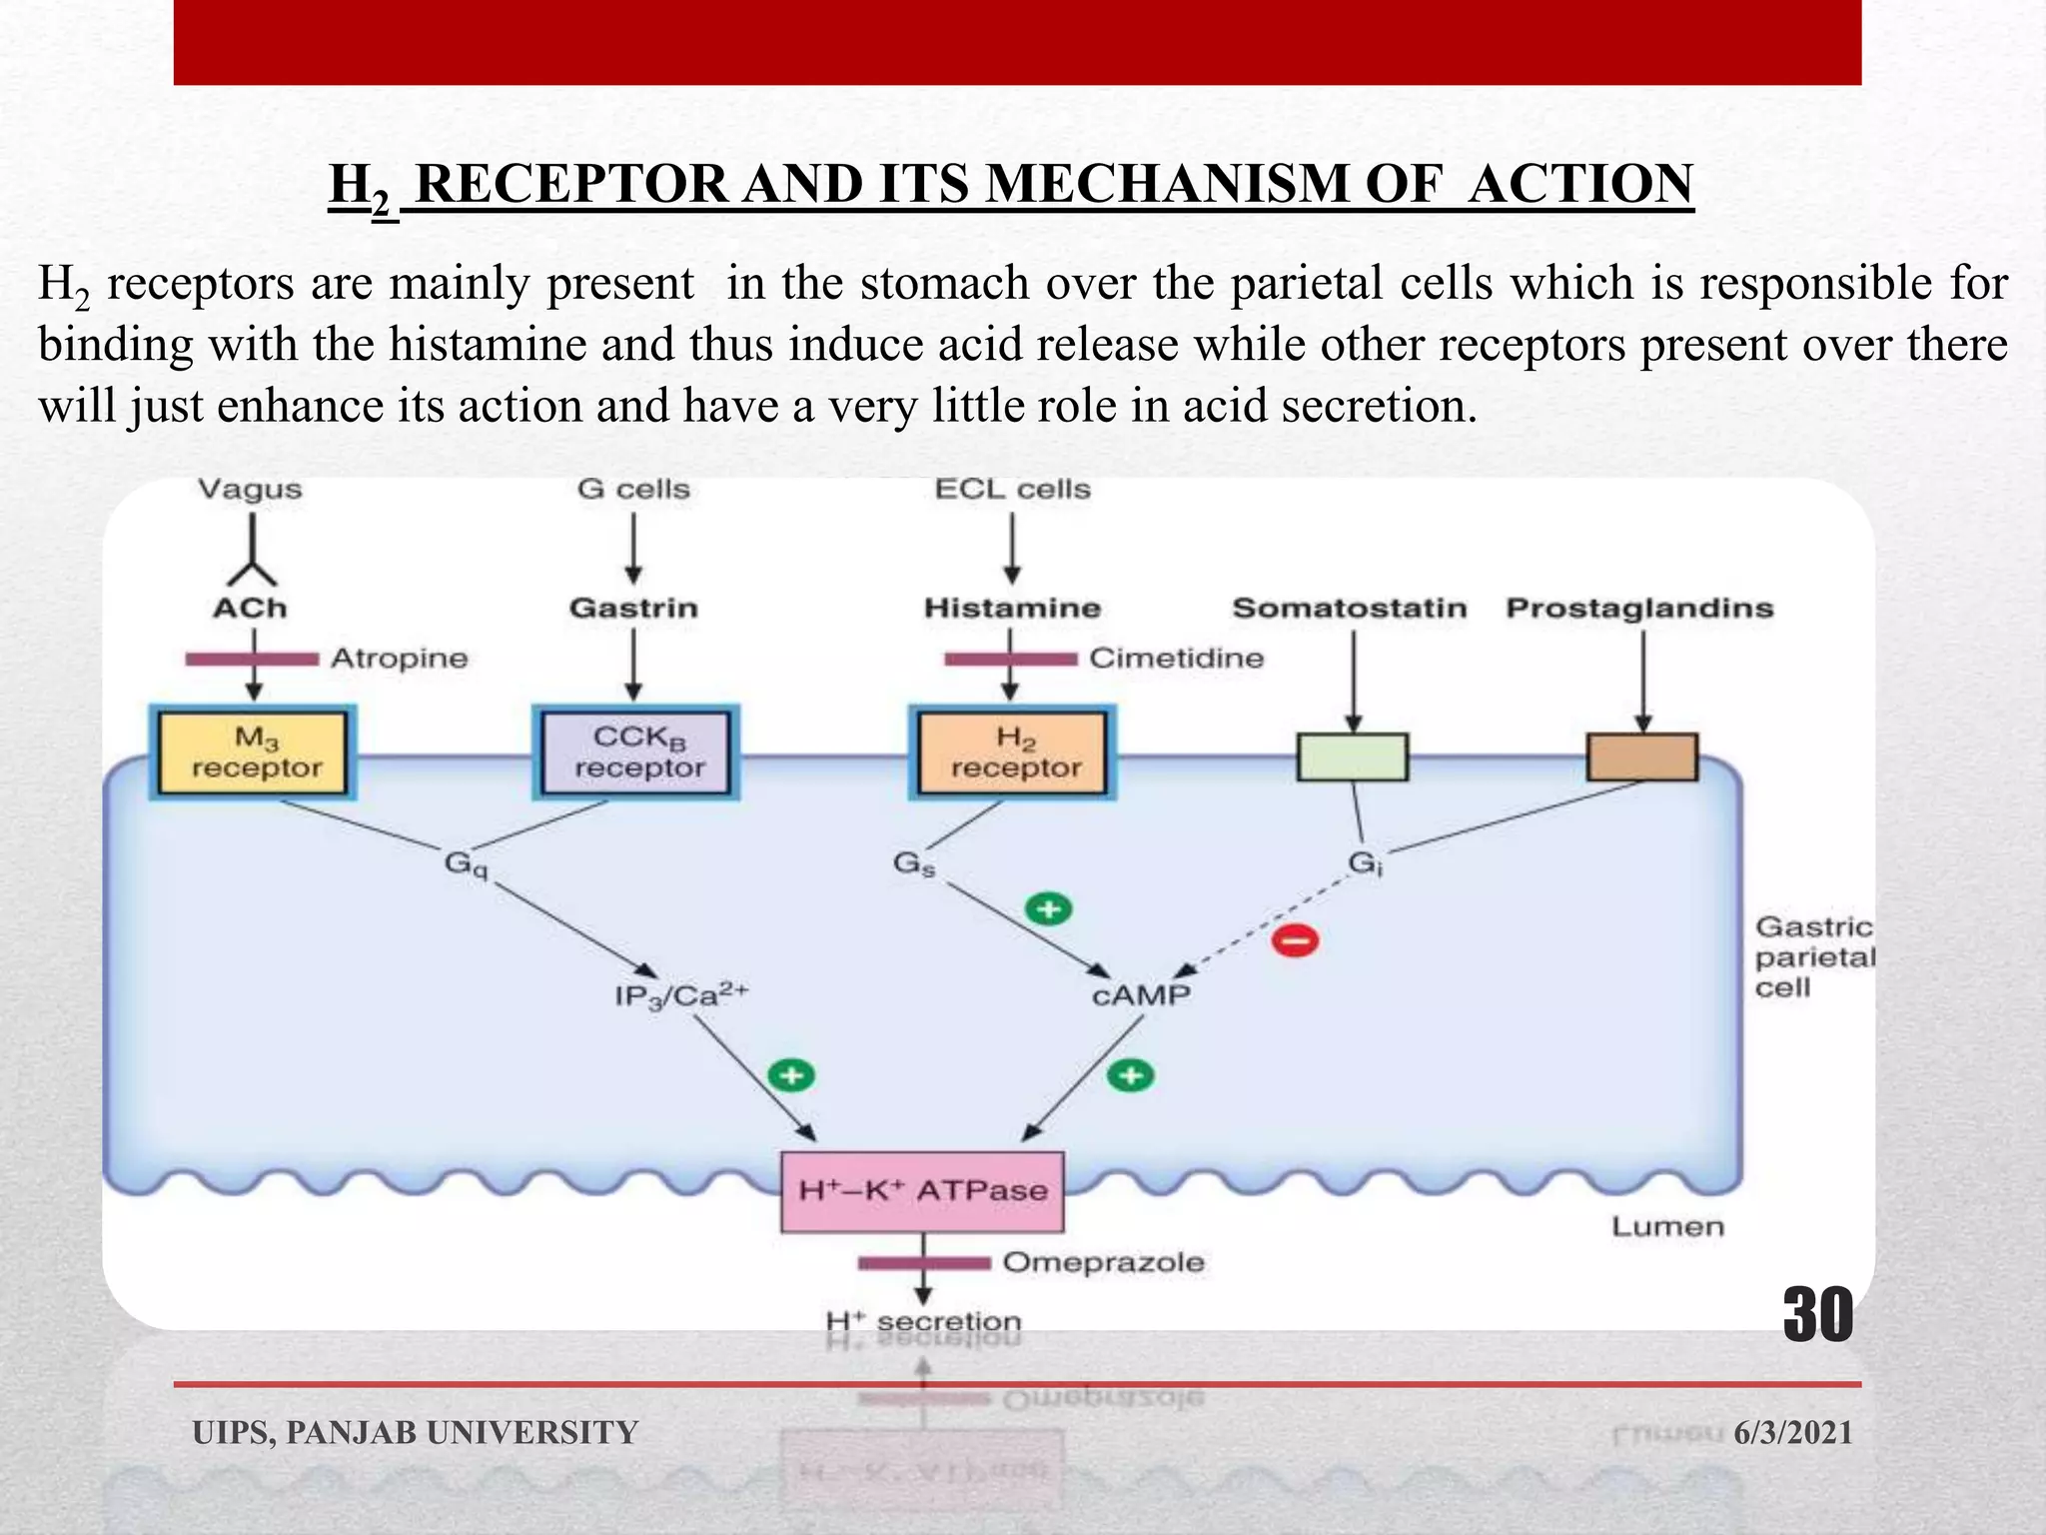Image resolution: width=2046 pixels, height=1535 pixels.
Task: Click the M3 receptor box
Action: click(x=254, y=753)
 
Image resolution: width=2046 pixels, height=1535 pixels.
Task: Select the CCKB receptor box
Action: click(x=636, y=753)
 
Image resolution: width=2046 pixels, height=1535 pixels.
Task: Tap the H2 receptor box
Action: click(x=1012, y=753)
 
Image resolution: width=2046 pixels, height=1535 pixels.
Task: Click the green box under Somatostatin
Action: click(x=1353, y=757)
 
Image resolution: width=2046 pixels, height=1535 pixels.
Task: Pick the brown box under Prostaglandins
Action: click(x=1642, y=757)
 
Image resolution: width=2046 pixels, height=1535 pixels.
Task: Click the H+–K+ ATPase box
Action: click(x=922, y=1191)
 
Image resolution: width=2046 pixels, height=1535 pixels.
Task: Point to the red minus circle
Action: click(x=1295, y=940)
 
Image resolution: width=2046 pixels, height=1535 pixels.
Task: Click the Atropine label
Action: click(x=399, y=659)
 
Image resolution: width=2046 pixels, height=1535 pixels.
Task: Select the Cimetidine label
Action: click(x=1176, y=659)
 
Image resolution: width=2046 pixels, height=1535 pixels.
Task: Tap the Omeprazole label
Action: click(x=1103, y=1262)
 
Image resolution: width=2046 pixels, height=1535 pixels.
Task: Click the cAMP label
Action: click(x=1141, y=995)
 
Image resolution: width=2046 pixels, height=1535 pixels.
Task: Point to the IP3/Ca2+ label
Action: click(x=681, y=995)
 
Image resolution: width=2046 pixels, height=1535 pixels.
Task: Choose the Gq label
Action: click(x=466, y=862)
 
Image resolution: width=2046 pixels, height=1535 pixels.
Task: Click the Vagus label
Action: click(x=250, y=490)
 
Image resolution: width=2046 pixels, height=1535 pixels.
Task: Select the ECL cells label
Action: click(x=1012, y=490)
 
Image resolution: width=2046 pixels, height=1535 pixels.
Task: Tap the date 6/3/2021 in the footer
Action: click(x=1792, y=1432)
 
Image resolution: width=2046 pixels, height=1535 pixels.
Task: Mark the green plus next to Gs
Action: click(x=1049, y=909)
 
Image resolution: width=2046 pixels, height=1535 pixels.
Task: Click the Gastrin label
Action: click(x=633, y=608)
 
